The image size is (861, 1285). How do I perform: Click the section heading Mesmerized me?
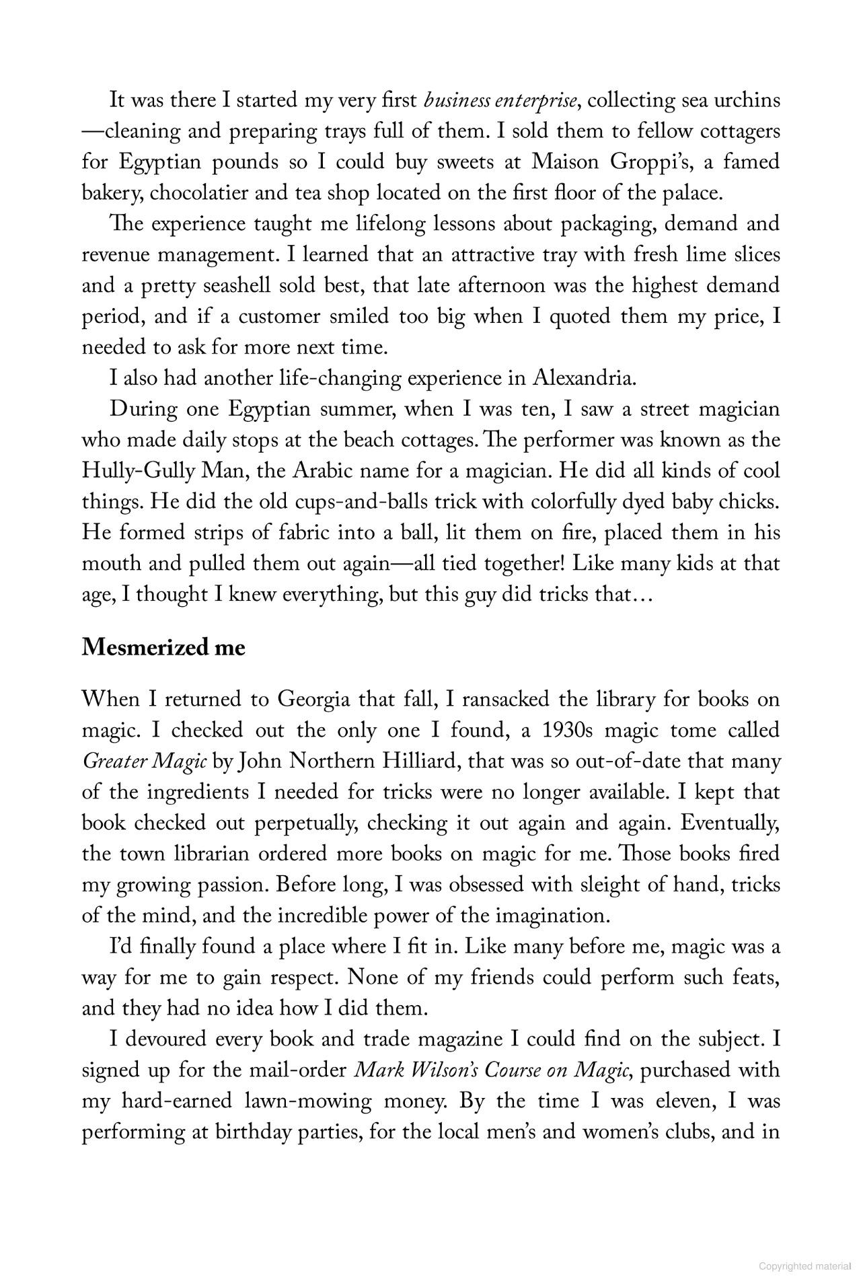[x=163, y=647]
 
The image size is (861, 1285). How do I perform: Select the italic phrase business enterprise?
[x=500, y=101]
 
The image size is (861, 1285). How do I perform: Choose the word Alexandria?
[x=583, y=378]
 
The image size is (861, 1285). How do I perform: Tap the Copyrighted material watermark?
[x=804, y=1266]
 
